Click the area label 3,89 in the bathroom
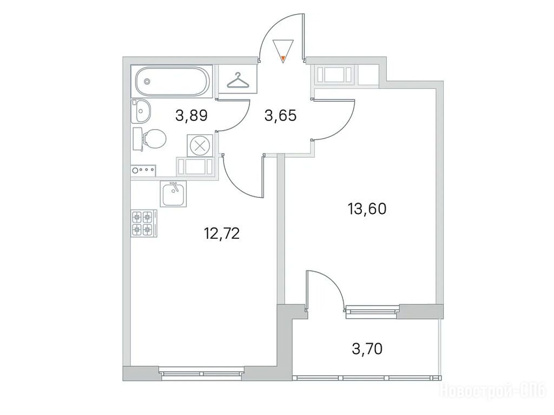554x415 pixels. (x=191, y=116)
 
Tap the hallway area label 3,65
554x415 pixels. (x=280, y=116)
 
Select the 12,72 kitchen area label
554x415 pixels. (x=222, y=233)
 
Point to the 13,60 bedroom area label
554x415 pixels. (x=367, y=209)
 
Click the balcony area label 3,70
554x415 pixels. (x=367, y=349)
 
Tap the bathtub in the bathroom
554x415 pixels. (x=172, y=82)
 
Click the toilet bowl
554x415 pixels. (x=150, y=139)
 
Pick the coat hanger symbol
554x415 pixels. (x=238, y=81)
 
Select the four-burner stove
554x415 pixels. (x=144, y=223)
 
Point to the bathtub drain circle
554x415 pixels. (x=147, y=82)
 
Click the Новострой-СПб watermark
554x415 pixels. (x=493, y=391)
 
